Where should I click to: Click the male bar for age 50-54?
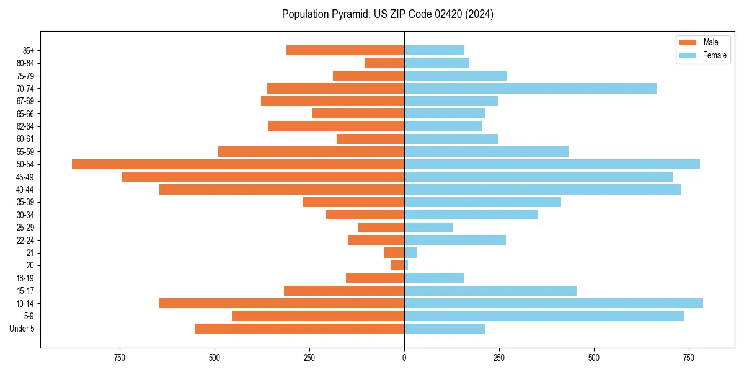(238, 164)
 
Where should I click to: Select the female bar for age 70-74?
(530, 89)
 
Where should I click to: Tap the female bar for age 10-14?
(554, 303)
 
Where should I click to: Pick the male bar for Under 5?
(299, 329)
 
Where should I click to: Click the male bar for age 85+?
(345, 50)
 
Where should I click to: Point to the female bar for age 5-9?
(544, 316)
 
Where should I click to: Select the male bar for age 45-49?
(263, 177)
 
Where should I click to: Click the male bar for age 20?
(397, 265)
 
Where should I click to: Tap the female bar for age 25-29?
(428, 228)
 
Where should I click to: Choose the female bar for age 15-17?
(490, 291)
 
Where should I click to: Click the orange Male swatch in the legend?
(688, 42)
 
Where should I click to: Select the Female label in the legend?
(714, 55)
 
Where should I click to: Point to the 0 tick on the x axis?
(404, 358)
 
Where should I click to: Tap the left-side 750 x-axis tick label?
(120, 358)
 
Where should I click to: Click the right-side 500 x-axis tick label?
(594, 358)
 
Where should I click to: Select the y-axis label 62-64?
(25, 126)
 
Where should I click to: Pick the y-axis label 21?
(30, 253)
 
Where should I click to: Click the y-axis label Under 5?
(22, 329)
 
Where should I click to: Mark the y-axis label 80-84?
(25, 63)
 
